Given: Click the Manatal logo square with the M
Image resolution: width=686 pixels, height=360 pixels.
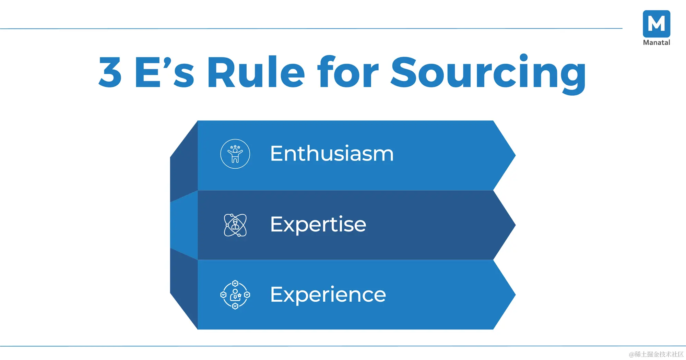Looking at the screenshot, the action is coord(657,24).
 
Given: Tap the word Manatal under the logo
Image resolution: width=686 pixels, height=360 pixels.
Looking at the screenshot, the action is coord(657,43).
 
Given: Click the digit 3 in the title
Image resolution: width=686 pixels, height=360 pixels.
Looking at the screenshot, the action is coord(110,72).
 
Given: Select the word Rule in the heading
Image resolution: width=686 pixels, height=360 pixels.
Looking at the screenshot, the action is coord(256,72).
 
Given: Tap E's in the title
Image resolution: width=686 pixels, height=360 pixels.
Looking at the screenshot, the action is coord(165,72).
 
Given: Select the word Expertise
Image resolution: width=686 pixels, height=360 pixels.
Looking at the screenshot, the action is coord(318,225).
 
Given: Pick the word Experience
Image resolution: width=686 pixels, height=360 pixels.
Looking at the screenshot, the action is coord(328,295).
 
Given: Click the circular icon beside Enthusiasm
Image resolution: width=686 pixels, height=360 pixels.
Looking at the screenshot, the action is coord(235,154).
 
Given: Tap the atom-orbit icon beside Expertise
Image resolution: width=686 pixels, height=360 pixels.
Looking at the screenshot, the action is coord(235,225).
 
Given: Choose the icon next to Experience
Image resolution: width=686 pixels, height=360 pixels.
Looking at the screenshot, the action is coord(235,295).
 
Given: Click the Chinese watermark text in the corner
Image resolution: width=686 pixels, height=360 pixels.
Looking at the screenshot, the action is coord(656,354).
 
